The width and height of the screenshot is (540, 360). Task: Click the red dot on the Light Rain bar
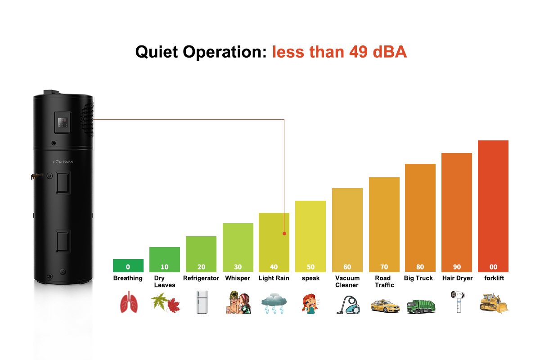[x=284, y=234]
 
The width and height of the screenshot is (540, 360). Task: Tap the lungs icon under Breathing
[x=128, y=303]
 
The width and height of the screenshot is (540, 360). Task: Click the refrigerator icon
[x=201, y=302]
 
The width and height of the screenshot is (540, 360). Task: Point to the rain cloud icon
[x=274, y=303]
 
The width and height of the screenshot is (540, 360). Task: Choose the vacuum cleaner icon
[x=347, y=304]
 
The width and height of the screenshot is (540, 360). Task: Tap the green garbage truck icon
[x=420, y=306]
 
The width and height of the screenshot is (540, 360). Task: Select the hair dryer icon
[x=456, y=301]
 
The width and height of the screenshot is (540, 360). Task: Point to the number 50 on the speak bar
[x=310, y=267]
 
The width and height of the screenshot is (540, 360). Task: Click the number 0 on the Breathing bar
[x=128, y=267]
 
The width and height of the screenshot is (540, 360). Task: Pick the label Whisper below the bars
[x=237, y=278]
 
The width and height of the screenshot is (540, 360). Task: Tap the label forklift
[x=494, y=278]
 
